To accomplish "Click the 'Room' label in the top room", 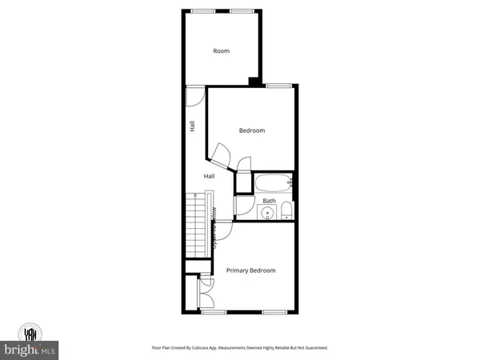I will (x=221, y=51).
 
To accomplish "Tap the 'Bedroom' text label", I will (x=252, y=130).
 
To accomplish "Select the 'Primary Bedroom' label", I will (x=250, y=270).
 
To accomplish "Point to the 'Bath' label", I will (x=270, y=201).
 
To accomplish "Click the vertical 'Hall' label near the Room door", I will (x=192, y=126).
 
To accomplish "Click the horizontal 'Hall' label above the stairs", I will (x=209, y=176).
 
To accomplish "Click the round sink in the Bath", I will (x=265, y=212).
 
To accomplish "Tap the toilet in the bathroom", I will (x=286, y=210).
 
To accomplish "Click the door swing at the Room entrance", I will (x=194, y=96).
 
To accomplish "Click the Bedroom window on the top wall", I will (x=278, y=86).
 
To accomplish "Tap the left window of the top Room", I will (x=202, y=11).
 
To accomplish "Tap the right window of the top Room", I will (x=242, y=11).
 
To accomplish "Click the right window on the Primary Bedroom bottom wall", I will (x=275, y=310).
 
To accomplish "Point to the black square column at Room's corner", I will (x=254, y=81).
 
